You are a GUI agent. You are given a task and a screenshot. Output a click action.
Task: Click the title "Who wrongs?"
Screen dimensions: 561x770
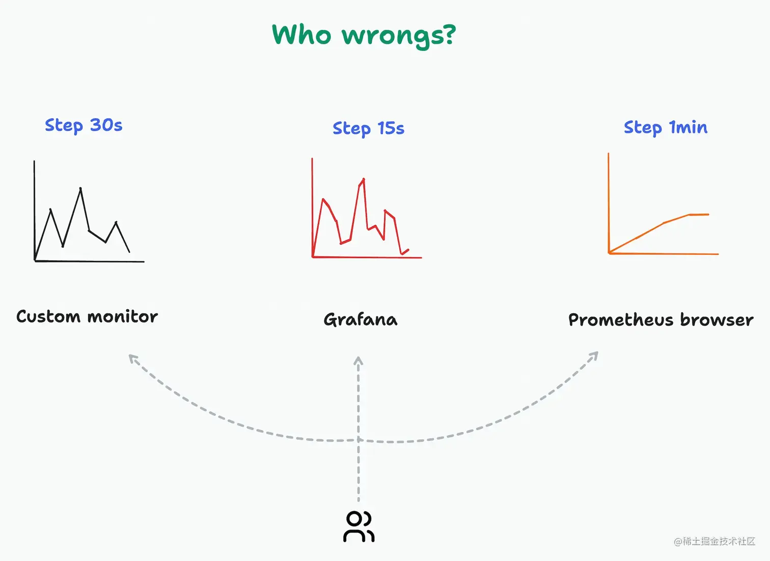click(x=364, y=35)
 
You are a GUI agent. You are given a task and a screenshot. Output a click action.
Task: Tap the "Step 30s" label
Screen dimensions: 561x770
click(x=84, y=125)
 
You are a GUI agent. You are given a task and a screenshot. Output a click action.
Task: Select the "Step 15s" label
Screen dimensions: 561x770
click(x=368, y=128)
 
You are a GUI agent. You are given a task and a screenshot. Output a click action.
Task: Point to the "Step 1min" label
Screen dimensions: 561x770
click(x=665, y=127)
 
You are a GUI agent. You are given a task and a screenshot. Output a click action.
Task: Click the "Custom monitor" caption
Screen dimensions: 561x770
click(x=87, y=316)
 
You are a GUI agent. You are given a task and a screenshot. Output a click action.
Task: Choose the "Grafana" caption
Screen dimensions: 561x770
click(x=361, y=319)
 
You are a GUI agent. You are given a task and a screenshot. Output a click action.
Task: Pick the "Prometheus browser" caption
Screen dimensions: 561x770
click(x=661, y=319)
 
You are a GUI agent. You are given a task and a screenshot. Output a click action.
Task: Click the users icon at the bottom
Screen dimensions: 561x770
click(x=359, y=526)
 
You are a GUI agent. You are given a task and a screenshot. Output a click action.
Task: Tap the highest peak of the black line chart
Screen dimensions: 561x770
click(x=80, y=189)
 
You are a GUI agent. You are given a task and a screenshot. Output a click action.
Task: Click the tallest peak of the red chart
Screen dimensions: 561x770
click(x=364, y=179)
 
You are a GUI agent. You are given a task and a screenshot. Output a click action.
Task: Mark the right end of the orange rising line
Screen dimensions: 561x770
click(x=708, y=215)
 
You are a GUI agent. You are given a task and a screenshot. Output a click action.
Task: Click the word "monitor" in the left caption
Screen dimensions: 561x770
click(x=122, y=316)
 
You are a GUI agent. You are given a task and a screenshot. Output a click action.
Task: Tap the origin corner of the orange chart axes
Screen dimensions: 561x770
click(x=609, y=253)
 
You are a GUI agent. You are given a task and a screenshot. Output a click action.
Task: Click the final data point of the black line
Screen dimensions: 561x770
click(x=129, y=252)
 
